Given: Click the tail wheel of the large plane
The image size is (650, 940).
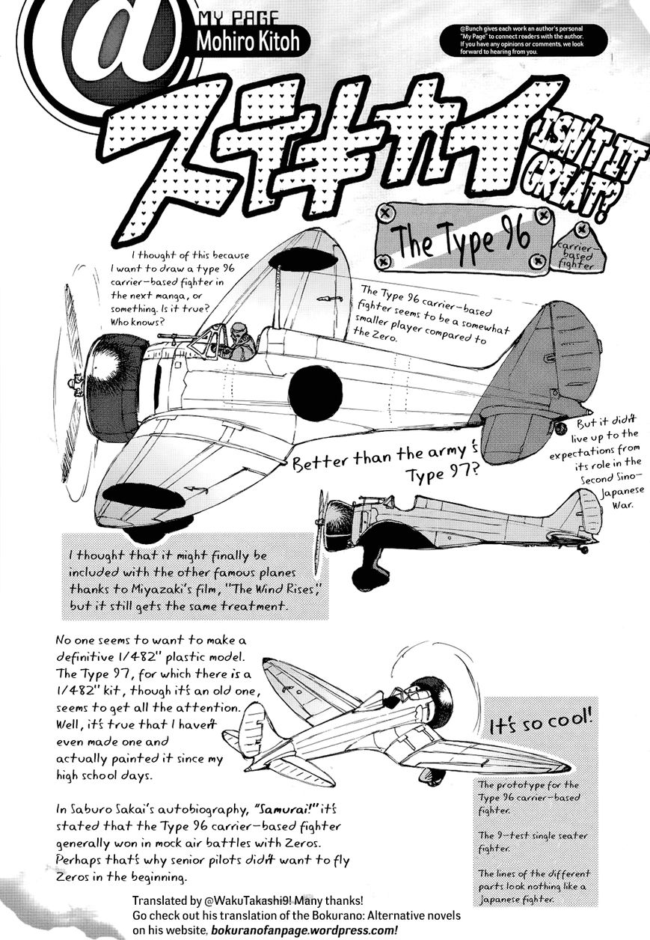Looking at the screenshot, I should coord(560,427).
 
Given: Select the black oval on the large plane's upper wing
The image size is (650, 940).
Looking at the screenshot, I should coord(303,259).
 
